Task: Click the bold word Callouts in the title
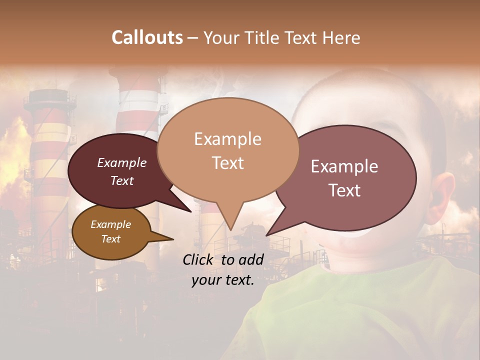[x=147, y=37]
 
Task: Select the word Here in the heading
[x=342, y=37]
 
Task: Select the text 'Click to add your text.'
[x=223, y=270]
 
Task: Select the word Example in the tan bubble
[x=227, y=139]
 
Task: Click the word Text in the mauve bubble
[x=345, y=190]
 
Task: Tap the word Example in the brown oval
[x=111, y=224]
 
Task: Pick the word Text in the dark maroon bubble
[x=122, y=180]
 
